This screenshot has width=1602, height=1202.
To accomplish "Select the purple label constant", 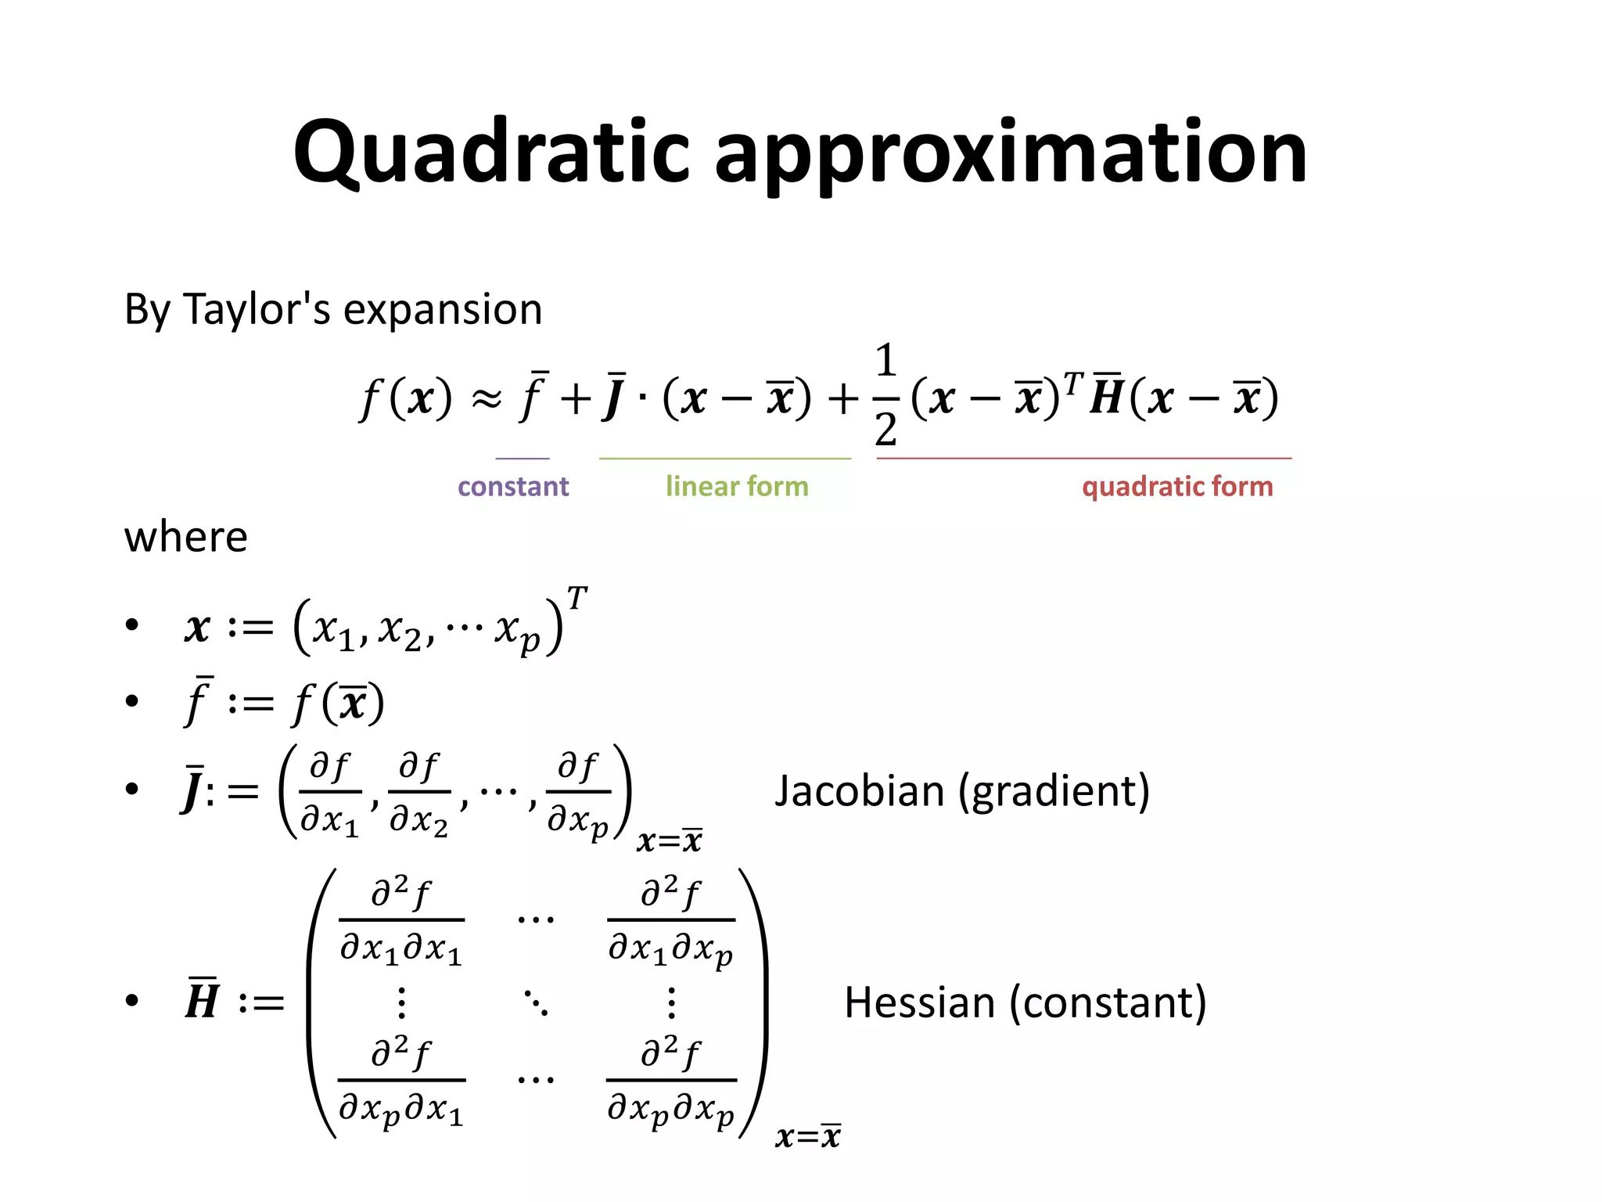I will point(513,487).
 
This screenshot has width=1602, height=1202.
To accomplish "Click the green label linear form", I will point(737,487).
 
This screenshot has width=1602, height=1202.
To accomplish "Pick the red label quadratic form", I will point(1177,487).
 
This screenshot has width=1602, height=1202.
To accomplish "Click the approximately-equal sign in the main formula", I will point(486,400).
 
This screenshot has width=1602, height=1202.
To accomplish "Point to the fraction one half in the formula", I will point(885,396).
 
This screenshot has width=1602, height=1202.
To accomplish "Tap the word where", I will point(185,538).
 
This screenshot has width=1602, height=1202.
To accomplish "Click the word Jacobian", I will point(860,791).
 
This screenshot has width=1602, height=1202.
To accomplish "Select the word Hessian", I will point(919,1002).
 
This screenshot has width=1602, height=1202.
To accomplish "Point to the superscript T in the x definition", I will point(577,599).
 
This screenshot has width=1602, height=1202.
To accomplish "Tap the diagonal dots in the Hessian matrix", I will point(536,1002).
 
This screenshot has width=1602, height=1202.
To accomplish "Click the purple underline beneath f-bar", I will point(523,459).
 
